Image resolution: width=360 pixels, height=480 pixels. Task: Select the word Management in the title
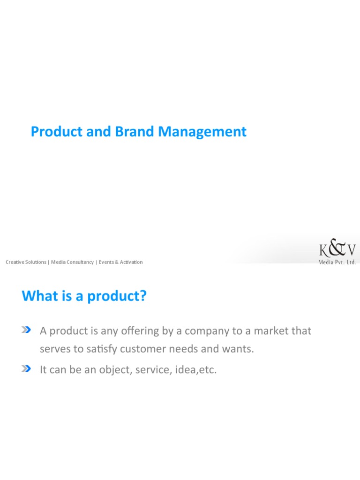[202, 132]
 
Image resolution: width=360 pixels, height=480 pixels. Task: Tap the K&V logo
[337, 250]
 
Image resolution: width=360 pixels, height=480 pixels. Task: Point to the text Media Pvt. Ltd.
[337, 262]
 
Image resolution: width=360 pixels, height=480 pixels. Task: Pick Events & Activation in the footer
[120, 262]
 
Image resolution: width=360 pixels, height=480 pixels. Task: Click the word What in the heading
[37, 296]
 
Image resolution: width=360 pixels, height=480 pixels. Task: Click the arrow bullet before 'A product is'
[26, 330]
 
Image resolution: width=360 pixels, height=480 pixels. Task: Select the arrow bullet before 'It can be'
[26, 369]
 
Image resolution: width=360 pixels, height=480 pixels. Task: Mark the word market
[268, 331]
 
